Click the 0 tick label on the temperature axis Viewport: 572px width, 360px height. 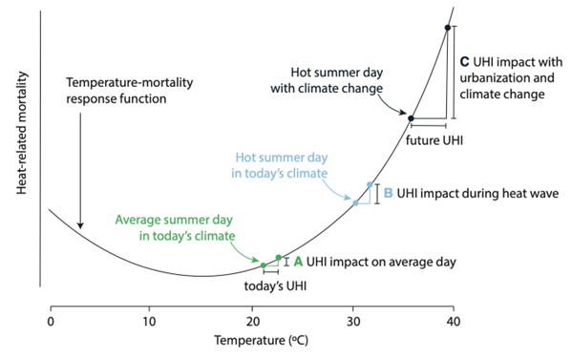click(50, 322)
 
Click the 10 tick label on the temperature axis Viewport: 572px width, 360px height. click(149, 322)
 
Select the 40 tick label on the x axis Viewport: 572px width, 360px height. click(453, 322)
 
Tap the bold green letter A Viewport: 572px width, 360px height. click(298, 260)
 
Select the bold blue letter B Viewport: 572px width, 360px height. click(388, 192)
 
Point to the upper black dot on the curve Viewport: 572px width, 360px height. click(447, 28)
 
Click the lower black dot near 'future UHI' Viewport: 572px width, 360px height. click(412, 118)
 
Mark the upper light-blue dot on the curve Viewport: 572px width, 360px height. click(370, 184)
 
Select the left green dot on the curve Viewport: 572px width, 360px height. click(264, 265)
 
